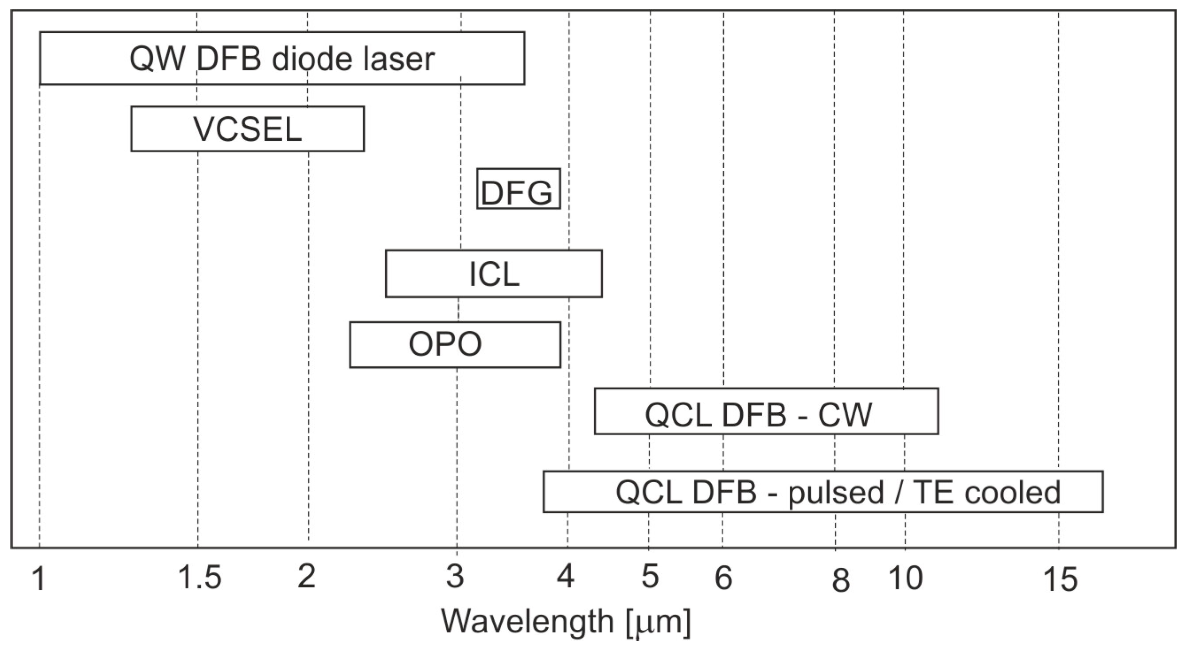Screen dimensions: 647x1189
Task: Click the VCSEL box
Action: [247, 129]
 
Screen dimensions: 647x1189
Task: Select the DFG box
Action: [518, 189]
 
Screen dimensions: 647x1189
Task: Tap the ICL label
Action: [494, 275]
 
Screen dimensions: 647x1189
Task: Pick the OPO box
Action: [455, 345]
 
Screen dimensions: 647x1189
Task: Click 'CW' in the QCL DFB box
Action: [845, 415]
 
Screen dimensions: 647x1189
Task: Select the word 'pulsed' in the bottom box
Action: [835, 493]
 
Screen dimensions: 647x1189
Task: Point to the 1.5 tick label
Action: [200, 578]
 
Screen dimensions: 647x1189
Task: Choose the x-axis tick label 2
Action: [307, 576]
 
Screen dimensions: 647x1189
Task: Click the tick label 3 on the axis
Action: [455, 576]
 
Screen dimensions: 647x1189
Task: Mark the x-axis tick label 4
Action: [566, 576]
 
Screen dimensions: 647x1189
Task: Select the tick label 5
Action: [650, 576]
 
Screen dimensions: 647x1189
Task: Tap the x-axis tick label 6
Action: [723, 577]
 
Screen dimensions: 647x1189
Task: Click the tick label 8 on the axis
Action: [841, 580]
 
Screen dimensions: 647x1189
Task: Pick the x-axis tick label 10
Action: [905, 578]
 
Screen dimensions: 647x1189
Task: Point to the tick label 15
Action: [1060, 579]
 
